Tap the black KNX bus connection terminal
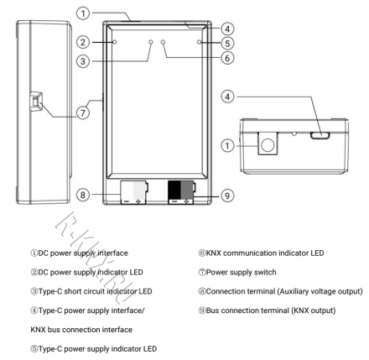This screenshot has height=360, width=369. [x=179, y=191]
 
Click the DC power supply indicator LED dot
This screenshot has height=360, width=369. [x=115, y=41]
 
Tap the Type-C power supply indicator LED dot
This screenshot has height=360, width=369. [x=199, y=41]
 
